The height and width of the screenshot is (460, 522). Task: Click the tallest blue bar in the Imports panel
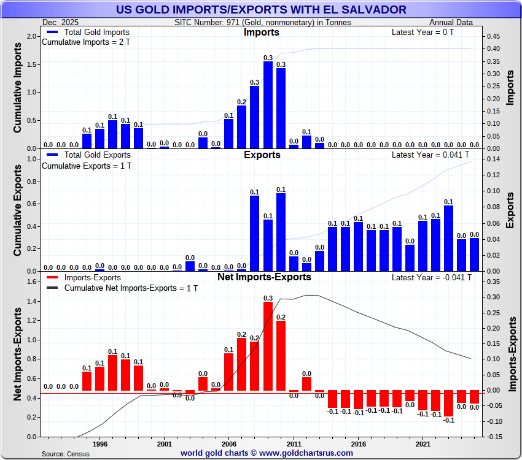268,105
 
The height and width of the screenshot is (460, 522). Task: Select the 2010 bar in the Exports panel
281,232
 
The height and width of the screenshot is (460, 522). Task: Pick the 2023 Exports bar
448,239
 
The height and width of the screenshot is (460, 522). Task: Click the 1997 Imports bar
112,134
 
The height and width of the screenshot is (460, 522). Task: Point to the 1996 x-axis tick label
100,443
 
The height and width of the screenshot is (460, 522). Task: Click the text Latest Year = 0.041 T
432,155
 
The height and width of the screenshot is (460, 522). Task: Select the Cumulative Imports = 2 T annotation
85,42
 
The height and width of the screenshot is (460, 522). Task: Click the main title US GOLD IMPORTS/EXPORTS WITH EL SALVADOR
260,9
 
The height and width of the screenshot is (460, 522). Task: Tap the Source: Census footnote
65,454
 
